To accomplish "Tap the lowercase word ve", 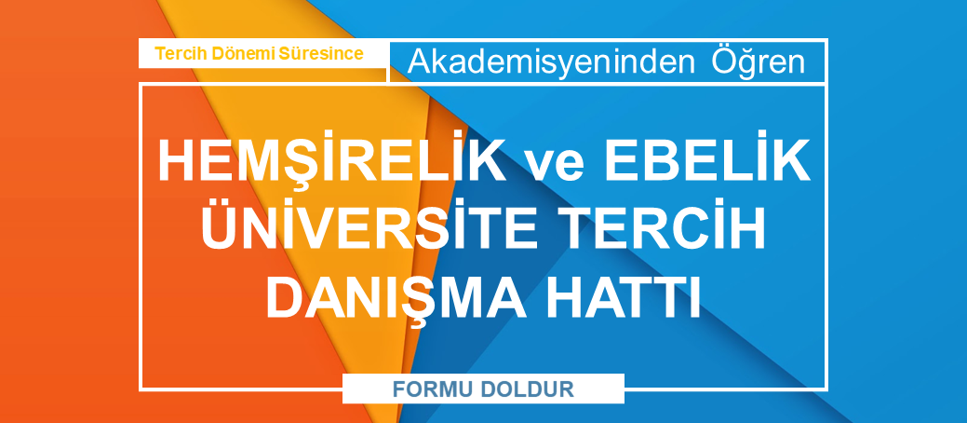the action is (555, 165).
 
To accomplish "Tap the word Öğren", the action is (759, 62).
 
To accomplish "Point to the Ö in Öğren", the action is (727, 61).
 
